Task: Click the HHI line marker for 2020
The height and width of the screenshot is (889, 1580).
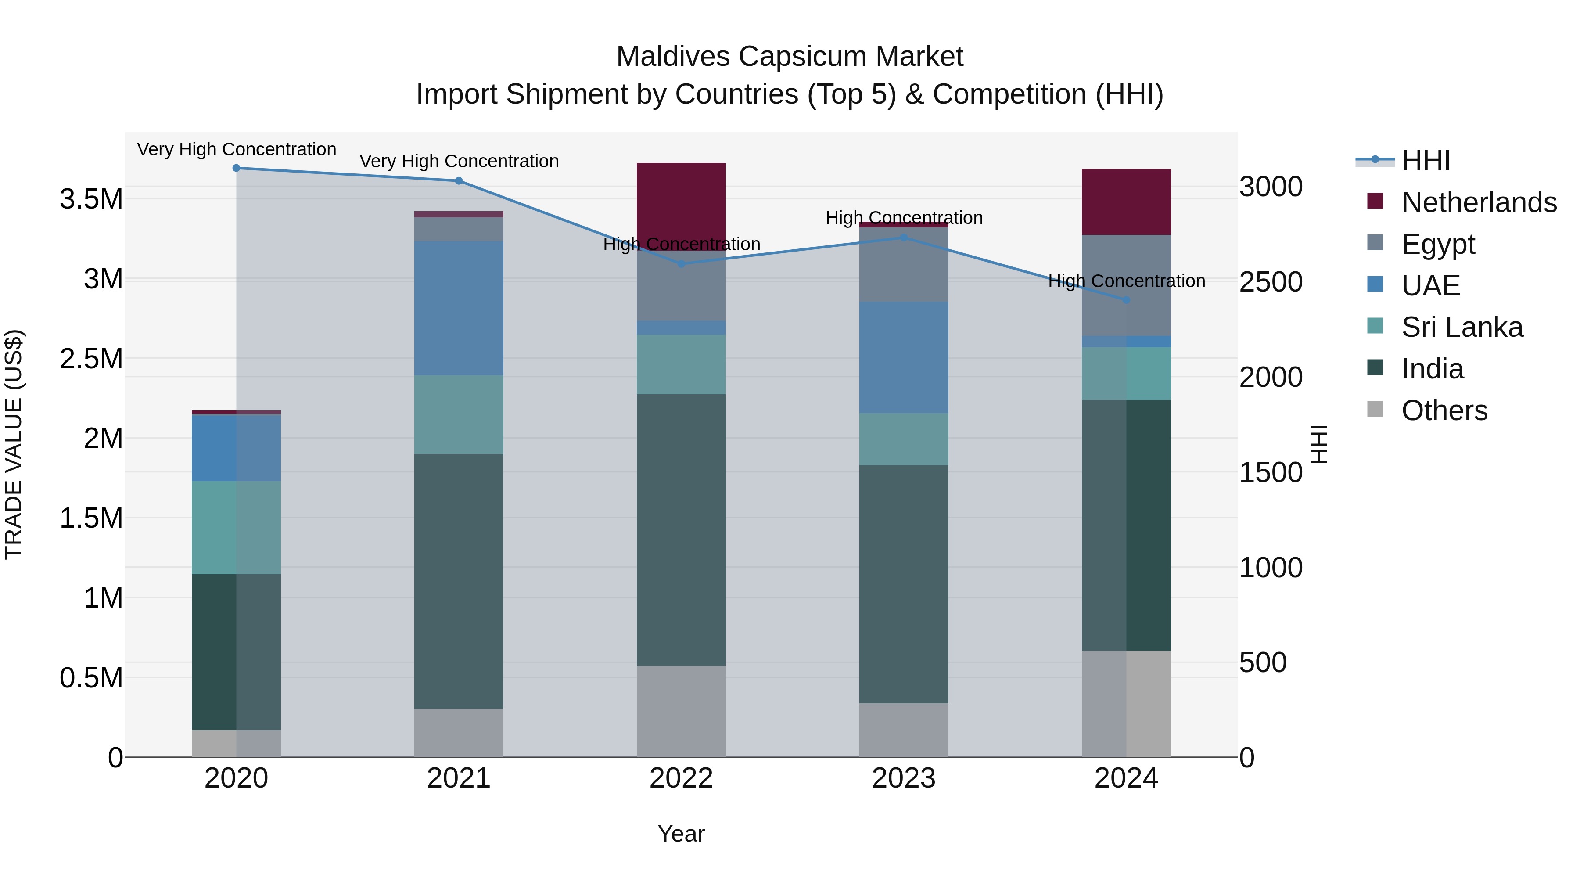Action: tap(236, 168)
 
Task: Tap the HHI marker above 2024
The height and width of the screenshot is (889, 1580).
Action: tap(1126, 300)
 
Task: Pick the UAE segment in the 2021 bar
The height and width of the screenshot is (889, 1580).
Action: tap(459, 308)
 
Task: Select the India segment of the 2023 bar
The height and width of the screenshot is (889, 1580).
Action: tap(904, 584)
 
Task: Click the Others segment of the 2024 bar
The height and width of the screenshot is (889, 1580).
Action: tap(1126, 704)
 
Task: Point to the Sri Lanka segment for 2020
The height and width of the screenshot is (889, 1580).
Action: tap(236, 528)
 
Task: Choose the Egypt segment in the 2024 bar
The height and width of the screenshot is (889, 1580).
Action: tap(1126, 285)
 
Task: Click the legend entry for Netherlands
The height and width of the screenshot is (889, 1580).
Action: tap(1478, 202)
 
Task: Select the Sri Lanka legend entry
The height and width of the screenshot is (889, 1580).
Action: tap(1461, 327)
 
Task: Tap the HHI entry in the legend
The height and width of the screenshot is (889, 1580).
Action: tap(1426, 161)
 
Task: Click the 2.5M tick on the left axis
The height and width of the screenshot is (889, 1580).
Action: tap(91, 359)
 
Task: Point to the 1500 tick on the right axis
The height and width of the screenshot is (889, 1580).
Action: tap(1270, 472)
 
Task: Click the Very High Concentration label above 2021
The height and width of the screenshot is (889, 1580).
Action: tap(459, 162)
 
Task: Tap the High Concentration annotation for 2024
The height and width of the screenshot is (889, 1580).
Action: tap(1126, 281)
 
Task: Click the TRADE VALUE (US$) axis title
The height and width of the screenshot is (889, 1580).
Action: tap(14, 444)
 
